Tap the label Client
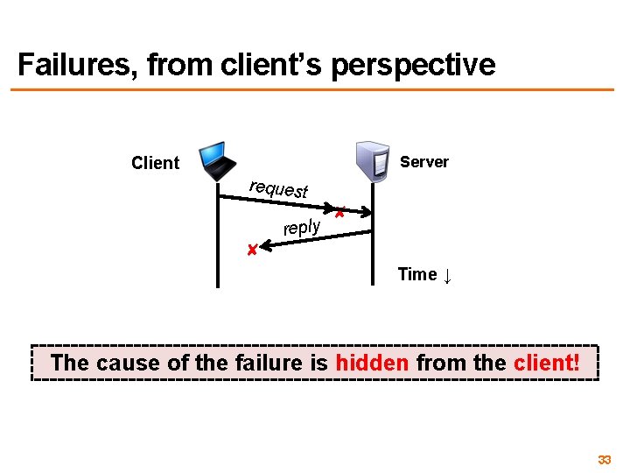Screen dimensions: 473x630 click(155, 163)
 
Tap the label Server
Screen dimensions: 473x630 click(423, 162)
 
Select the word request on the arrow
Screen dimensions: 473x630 click(278, 187)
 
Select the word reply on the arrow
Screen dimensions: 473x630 click(302, 228)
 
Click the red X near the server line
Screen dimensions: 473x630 click(339, 212)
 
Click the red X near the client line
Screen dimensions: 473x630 click(251, 251)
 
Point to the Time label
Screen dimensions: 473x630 click(417, 275)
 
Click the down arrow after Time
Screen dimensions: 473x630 click(447, 277)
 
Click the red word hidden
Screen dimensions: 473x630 click(372, 363)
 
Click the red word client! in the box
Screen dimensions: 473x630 click(546, 363)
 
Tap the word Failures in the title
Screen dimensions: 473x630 click(77, 65)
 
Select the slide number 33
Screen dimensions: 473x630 click(604, 460)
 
